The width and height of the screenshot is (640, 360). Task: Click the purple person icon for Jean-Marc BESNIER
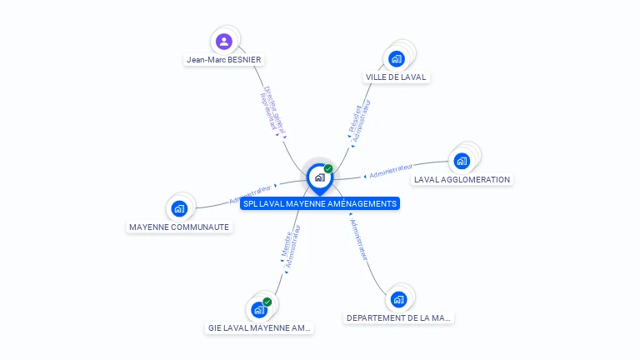click(223, 41)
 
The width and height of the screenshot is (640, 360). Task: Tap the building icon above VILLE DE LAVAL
click(397, 58)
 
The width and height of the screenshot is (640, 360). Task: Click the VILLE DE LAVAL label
click(396, 77)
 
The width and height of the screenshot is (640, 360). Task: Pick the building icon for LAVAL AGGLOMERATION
click(462, 161)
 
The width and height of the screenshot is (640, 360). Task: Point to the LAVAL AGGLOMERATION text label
click(462, 180)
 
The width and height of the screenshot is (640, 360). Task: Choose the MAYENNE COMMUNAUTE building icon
click(178, 208)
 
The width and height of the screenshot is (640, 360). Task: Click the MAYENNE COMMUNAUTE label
click(179, 227)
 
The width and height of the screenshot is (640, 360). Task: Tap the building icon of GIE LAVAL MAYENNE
click(259, 310)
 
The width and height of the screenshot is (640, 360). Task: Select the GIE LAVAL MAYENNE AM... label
click(259, 328)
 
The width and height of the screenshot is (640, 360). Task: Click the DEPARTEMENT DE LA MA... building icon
click(399, 299)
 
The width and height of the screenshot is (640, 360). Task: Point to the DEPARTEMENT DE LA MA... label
click(399, 317)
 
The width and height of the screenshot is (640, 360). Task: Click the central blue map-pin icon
click(319, 177)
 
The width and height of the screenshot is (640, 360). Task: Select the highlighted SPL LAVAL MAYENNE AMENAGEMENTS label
click(320, 204)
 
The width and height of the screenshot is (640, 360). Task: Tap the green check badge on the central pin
click(328, 168)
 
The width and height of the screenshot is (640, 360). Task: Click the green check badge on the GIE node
click(267, 302)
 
